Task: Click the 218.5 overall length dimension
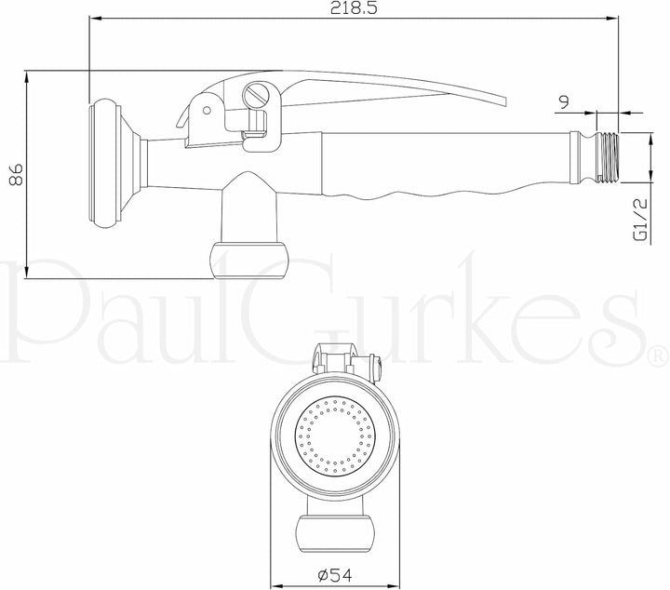tap(354, 8)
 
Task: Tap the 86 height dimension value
tap(16, 174)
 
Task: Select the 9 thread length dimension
tap(564, 102)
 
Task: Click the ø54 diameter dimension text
tap(335, 575)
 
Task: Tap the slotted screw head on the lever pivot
tap(256, 94)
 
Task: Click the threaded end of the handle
tap(607, 157)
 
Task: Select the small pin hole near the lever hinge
tap(207, 110)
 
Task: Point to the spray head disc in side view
tap(104, 162)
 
